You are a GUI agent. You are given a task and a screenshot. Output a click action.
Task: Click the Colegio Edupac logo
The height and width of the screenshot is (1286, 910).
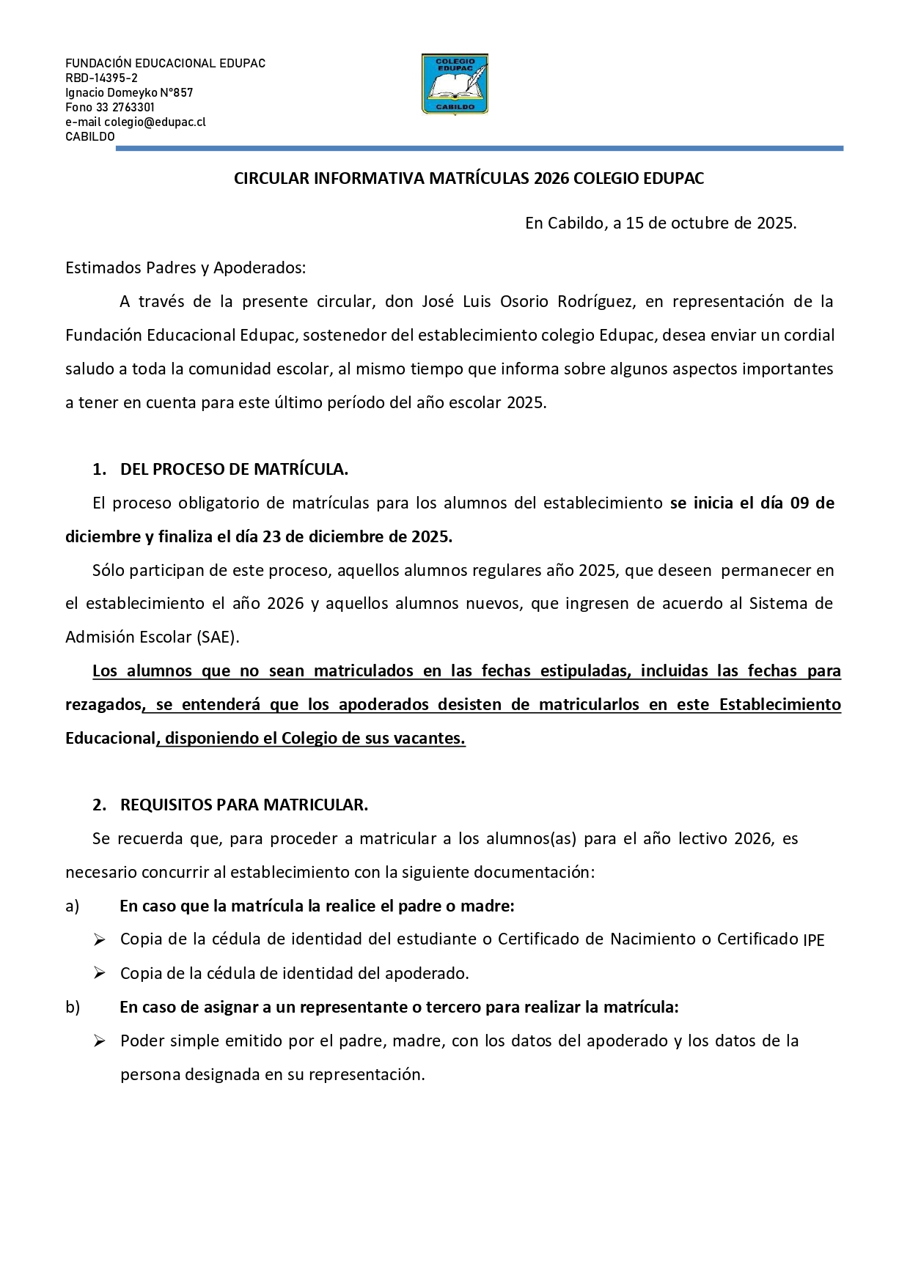(x=455, y=84)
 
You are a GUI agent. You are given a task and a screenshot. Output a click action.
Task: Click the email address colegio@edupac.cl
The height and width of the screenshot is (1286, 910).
(x=155, y=122)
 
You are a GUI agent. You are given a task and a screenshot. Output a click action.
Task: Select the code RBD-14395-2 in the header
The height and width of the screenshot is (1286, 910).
(x=101, y=78)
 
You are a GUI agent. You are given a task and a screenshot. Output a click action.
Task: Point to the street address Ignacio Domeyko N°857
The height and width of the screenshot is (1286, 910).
(x=129, y=93)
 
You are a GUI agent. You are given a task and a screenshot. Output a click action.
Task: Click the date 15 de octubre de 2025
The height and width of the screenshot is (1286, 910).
(x=710, y=223)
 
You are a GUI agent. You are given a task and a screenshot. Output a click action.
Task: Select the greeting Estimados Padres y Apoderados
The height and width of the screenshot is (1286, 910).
(x=185, y=268)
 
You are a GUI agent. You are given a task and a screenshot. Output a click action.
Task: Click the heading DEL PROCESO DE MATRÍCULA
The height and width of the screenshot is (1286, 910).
(x=234, y=470)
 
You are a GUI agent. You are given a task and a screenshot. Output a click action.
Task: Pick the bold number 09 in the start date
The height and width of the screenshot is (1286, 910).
(x=799, y=503)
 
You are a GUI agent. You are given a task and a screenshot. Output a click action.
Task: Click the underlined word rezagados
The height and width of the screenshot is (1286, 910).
(x=103, y=705)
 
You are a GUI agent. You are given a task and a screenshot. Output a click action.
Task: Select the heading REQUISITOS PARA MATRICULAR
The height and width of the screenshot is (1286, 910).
(x=243, y=805)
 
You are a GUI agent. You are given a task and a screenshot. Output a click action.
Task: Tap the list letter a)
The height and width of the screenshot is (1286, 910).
(x=72, y=906)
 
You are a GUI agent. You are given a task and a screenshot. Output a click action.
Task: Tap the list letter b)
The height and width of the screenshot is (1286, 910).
(x=73, y=1008)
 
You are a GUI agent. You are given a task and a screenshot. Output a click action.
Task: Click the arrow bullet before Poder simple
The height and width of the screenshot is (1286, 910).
(x=100, y=1041)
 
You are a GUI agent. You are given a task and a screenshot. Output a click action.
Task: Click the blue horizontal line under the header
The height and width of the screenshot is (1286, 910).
(x=479, y=149)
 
